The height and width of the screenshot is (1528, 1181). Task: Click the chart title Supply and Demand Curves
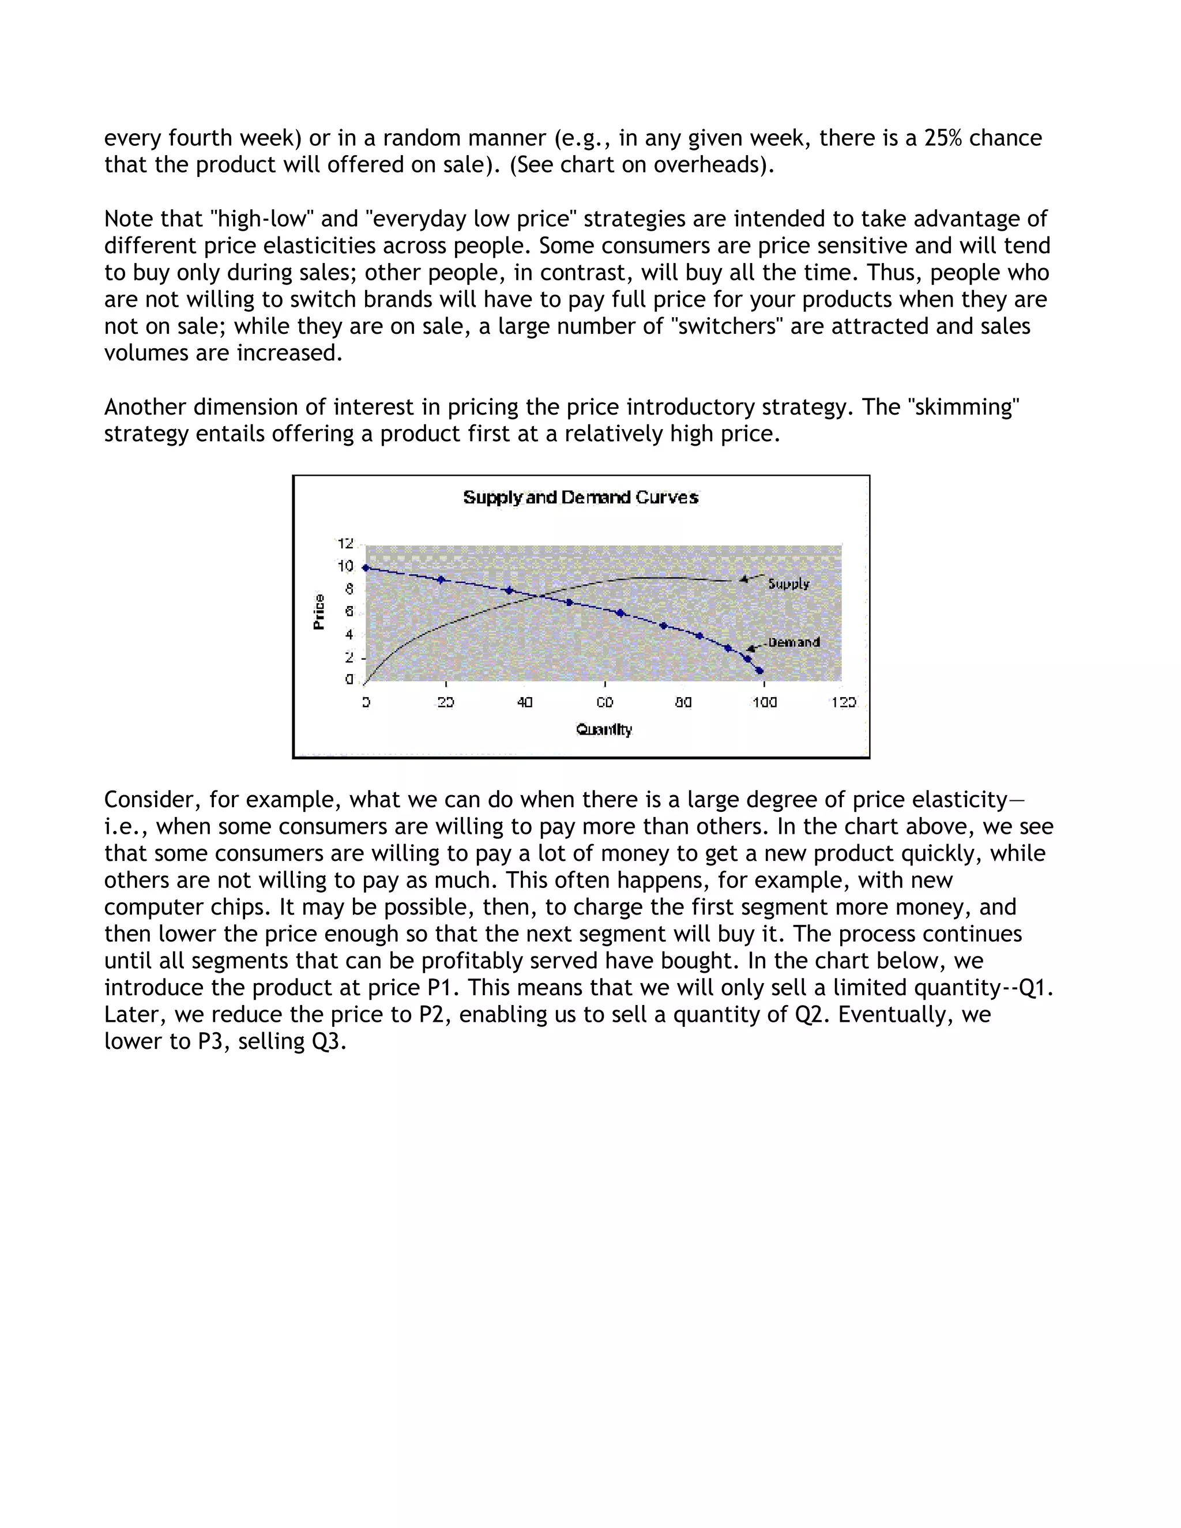click(x=581, y=498)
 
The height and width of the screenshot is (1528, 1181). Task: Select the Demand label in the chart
click(x=793, y=642)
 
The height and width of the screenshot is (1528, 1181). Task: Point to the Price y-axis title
click(x=319, y=611)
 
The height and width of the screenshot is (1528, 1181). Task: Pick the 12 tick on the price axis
click(x=345, y=544)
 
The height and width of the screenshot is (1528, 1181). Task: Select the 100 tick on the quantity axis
click(x=764, y=702)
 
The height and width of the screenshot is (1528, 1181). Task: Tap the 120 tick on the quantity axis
click(x=843, y=702)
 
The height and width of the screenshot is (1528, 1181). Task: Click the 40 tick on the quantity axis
click(x=525, y=702)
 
